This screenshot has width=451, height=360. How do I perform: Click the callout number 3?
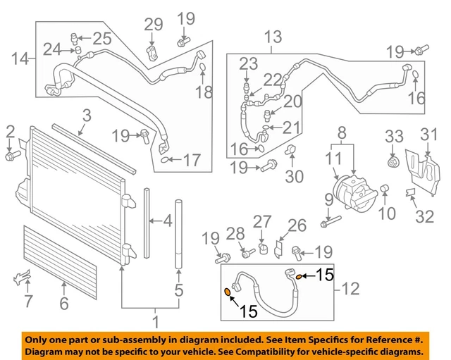(x=86, y=115)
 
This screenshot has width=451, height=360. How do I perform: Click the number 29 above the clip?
(x=153, y=25)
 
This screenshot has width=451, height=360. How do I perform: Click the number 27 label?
(x=262, y=222)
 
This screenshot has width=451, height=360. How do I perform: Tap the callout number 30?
(x=295, y=175)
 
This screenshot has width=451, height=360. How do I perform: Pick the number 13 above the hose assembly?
(x=272, y=36)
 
